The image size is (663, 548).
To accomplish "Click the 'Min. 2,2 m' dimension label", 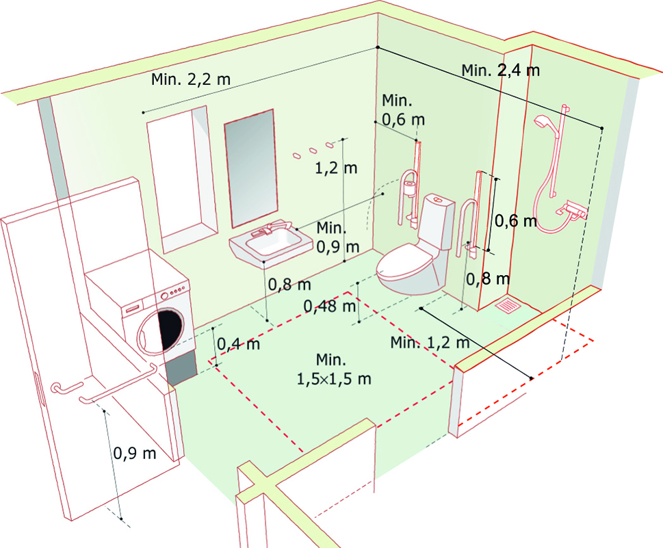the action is [x=191, y=79].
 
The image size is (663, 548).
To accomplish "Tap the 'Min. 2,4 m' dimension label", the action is [x=501, y=70].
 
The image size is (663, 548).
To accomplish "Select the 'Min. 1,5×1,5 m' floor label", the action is [x=334, y=369].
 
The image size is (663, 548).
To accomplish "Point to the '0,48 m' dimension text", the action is [x=330, y=306].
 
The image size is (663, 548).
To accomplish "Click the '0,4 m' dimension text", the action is [x=239, y=343].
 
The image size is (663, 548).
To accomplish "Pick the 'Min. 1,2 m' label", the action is [x=430, y=342].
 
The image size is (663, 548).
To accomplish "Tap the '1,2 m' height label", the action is [x=336, y=168].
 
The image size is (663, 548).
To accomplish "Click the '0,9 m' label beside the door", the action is [x=135, y=454].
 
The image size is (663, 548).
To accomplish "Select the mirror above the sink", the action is [x=250, y=168].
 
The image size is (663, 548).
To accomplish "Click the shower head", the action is [x=543, y=121].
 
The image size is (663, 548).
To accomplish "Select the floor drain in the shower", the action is [x=507, y=304].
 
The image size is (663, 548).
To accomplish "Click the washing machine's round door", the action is [x=161, y=331].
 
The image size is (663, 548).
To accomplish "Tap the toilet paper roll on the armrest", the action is [x=409, y=188].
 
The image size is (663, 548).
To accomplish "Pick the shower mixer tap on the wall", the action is [x=572, y=210].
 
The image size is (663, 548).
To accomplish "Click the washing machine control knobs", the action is [x=174, y=291].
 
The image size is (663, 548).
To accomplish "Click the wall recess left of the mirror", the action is [x=182, y=179].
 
